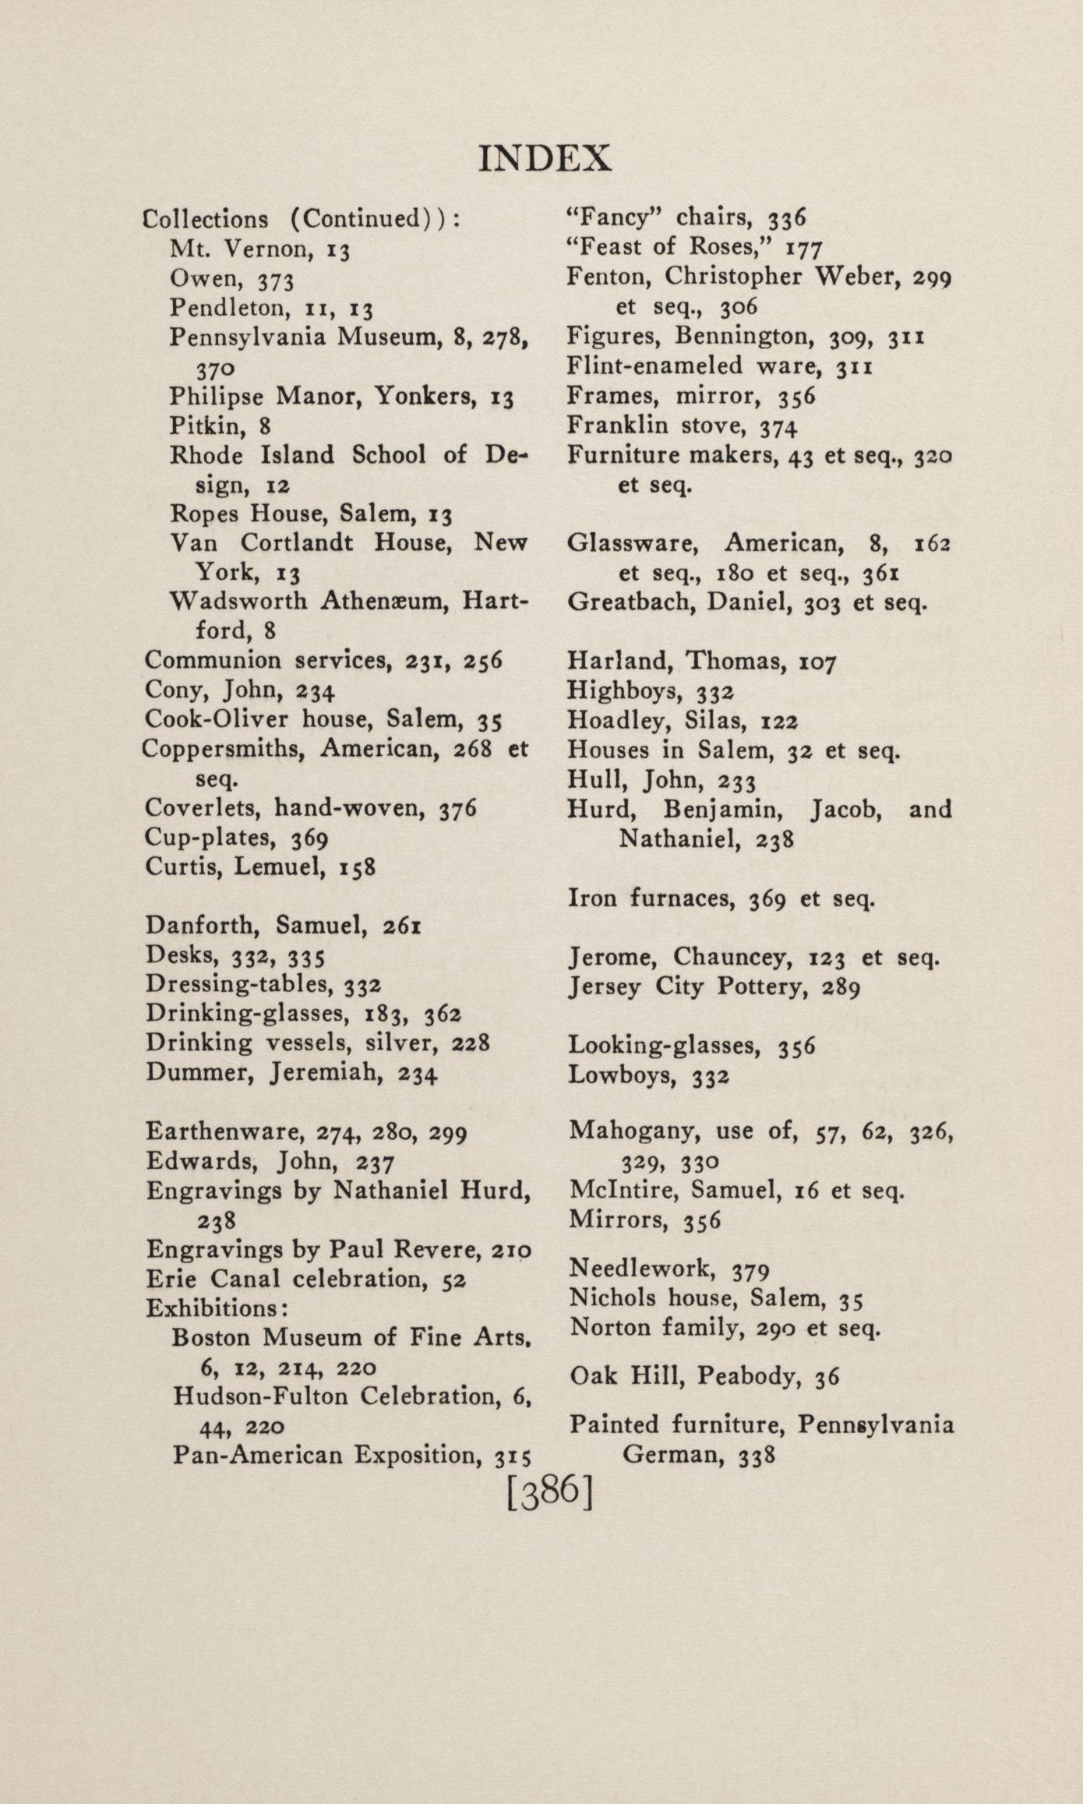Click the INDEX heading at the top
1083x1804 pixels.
click(544, 158)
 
